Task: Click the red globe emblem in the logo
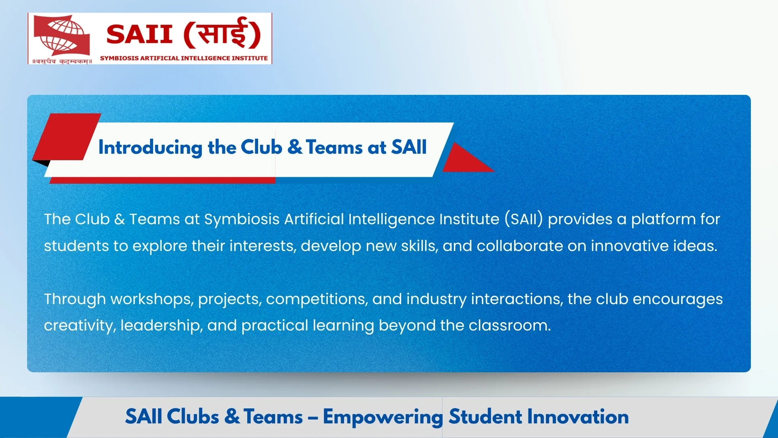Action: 61,35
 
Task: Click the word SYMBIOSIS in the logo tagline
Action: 119,58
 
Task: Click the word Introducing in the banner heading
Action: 150,147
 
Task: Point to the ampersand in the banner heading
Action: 295,147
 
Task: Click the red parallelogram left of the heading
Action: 67,136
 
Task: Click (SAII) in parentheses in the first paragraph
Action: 524,219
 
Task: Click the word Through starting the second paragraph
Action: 75,299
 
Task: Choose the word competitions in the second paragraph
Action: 317,299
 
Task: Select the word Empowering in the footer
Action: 383,417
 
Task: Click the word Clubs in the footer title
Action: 193,417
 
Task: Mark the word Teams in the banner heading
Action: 334,147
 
